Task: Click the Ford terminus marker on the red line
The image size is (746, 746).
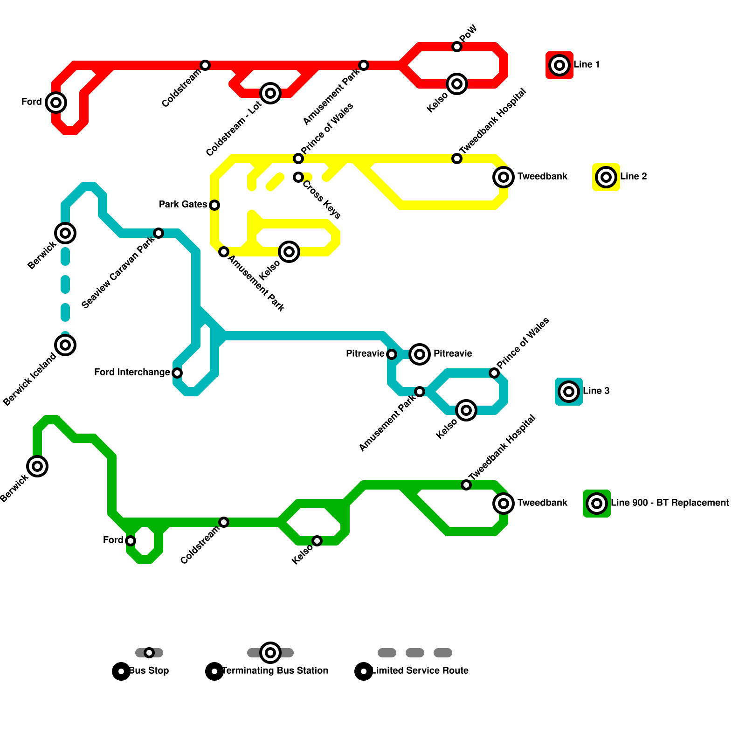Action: pyautogui.click(x=56, y=103)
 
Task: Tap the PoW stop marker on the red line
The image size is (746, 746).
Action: pyautogui.click(x=457, y=47)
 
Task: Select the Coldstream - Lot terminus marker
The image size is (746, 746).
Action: pyautogui.click(x=270, y=93)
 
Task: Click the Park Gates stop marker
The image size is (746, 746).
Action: pyautogui.click(x=214, y=205)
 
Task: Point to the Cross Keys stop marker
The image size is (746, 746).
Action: pyautogui.click(x=298, y=177)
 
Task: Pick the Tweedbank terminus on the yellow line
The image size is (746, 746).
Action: pyautogui.click(x=504, y=177)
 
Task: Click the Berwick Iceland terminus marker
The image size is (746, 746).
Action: pyautogui.click(x=65, y=345)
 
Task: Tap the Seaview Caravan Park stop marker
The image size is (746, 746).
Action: pyautogui.click(x=159, y=233)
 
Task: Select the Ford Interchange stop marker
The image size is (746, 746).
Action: pyautogui.click(x=177, y=373)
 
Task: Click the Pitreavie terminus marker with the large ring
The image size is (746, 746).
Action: pyautogui.click(x=420, y=354)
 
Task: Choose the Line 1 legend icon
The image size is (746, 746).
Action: pyautogui.click(x=559, y=65)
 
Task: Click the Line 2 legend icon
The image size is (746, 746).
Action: pyautogui.click(x=606, y=177)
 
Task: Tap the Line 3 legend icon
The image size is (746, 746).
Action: pyautogui.click(x=569, y=392)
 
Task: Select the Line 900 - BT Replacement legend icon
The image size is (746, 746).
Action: pyautogui.click(x=597, y=504)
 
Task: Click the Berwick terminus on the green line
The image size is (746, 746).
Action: pyautogui.click(x=37, y=466)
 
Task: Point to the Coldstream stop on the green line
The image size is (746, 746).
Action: pyautogui.click(x=224, y=522)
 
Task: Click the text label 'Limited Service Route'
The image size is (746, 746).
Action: pyautogui.click(x=420, y=671)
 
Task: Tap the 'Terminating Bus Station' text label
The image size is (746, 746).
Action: pyautogui.click(x=275, y=671)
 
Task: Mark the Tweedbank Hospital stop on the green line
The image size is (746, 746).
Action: pyautogui.click(x=466, y=485)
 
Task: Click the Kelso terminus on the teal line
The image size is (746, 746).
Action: pyautogui.click(x=466, y=410)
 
